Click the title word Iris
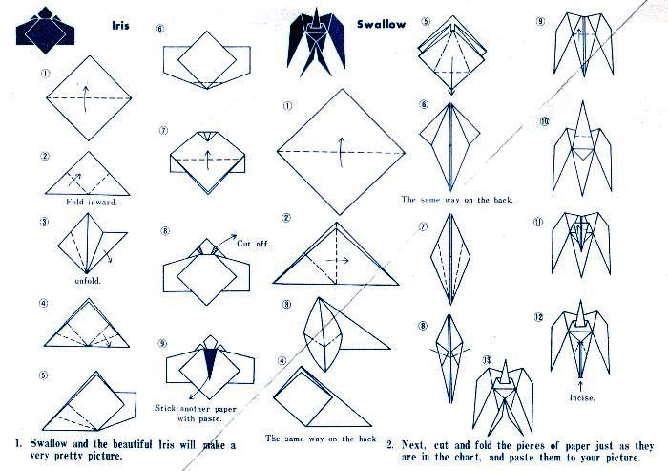click(x=120, y=25)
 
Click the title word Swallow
click(x=382, y=24)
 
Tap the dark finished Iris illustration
click(x=45, y=31)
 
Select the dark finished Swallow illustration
click(x=316, y=42)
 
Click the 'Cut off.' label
click(x=253, y=244)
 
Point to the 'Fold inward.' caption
click(x=92, y=202)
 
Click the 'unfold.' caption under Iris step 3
click(x=88, y=280)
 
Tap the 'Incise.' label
click(x=582, y=397)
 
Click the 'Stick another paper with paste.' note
click(x=195, y=413)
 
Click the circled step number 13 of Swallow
click(x=487, y=360)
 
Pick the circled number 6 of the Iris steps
click(x=159, y=29)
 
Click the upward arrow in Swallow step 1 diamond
click(x=341, y=153)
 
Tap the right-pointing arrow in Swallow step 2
click(x=338, y=260)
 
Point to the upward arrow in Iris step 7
click(x=208, y=160)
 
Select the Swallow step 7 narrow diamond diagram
click(x=450, y=260)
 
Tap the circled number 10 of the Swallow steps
click(x=544, y=121)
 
